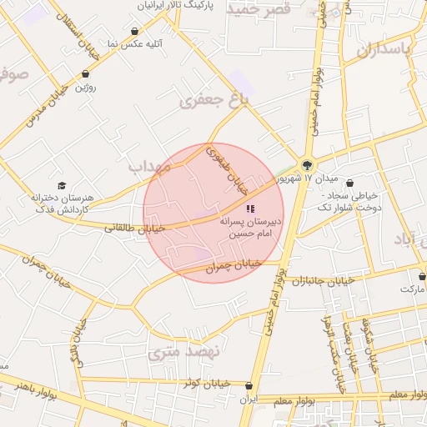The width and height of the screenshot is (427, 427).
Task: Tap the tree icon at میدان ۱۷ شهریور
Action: pyautogui.click(x=308, y=165)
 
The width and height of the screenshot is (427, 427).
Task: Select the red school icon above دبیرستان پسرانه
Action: pyautogui.click(x=249, y=208)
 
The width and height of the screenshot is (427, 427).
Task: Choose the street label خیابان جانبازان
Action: pyautogui.click(x=324, y=279)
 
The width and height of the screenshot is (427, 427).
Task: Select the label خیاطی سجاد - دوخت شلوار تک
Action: pyautogui.click(x=350, y=201)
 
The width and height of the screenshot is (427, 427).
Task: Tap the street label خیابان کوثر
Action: pyautogui.click(x=205, y=383)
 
